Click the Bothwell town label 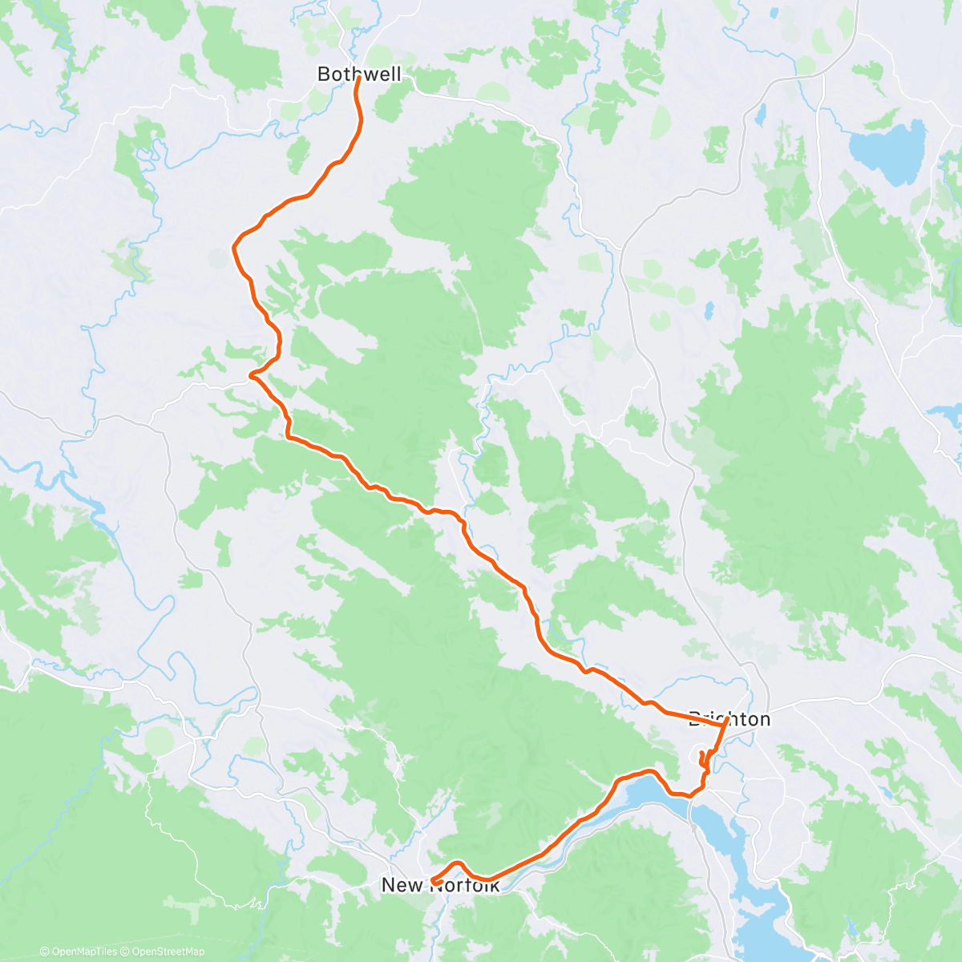coord(358,75)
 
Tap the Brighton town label coord(730,719)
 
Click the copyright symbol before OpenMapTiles coord(45,952)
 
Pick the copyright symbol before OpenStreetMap coord(125,952)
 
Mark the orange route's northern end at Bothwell coord(357,79)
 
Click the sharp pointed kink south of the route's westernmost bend coord(251,374)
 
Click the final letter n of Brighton coord(764,719)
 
